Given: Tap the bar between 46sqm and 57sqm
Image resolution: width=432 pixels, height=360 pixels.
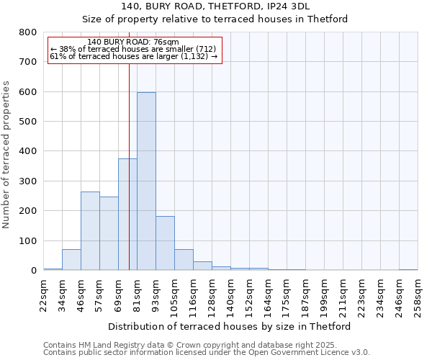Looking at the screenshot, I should pyautogui.click(x=90, y=231).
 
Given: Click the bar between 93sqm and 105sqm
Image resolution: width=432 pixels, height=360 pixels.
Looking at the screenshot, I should pyautogui.click(x=165, y=243).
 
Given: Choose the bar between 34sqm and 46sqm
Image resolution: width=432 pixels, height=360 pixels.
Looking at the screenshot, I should pyautogui.click(x=71, y=260).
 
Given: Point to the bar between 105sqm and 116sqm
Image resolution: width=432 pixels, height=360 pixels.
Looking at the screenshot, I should pyautogui.click(x=184, y=260).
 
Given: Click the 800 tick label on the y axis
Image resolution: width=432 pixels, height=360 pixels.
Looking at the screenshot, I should pyautogui.click(x=27, y=32).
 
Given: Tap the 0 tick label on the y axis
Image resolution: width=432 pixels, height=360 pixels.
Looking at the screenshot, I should pyautogui.click(x=33, y=271).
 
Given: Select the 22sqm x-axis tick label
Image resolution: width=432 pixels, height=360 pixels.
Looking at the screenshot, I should pyautogui.click(x=44, y=295).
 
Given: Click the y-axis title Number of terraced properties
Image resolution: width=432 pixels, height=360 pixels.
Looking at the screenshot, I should pyautogui.click(x=6, y=155).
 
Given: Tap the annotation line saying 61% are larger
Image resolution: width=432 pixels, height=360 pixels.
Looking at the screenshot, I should pyautogui.click(x=133, y=57).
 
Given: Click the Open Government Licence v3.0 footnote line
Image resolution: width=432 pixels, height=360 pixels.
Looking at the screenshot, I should pyautogui.click(x=207, y=353).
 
